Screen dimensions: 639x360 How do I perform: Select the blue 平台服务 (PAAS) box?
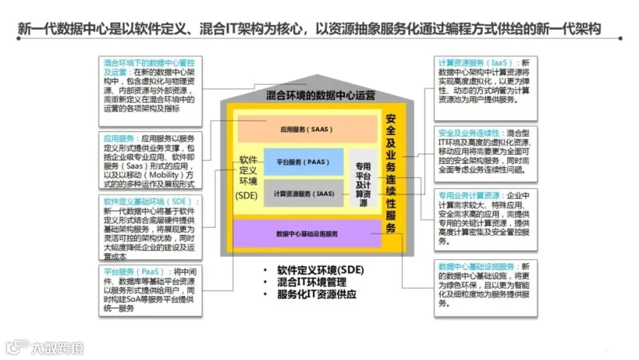click(303, 163)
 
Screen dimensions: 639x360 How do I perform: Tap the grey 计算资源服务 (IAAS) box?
click(303, 193)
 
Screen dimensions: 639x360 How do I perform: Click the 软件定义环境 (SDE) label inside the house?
click(247, 178)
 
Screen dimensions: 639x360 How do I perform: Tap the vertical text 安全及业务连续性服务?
click(390, 173)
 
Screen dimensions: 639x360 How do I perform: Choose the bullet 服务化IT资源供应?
click(317, 294)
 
